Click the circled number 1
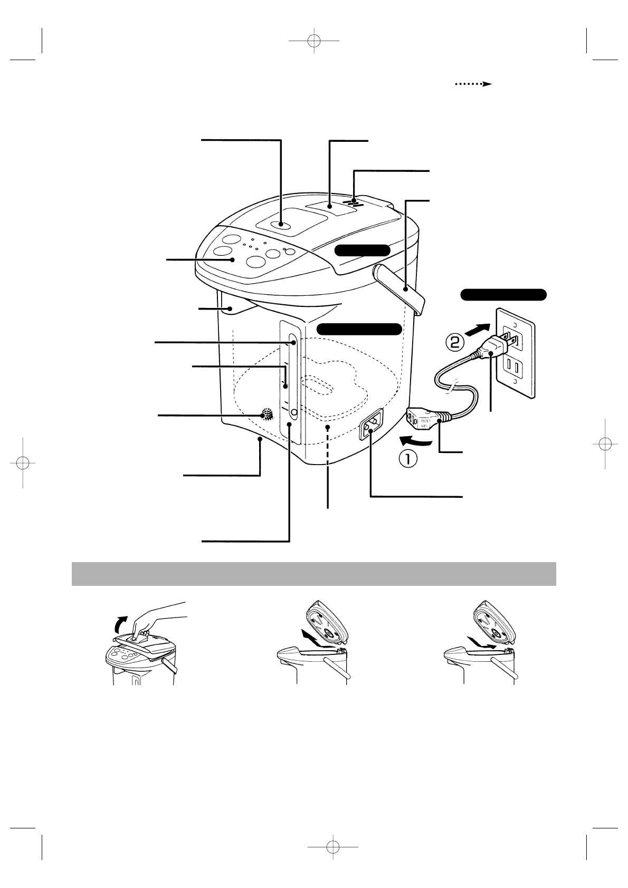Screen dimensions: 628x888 tap(407, 459)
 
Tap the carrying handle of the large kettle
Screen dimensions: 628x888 tap(401, 287)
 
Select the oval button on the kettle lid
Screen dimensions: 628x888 tap(281, 225)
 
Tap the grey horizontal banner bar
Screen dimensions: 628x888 tap(313, 574)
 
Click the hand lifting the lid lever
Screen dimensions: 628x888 tap(158, 617)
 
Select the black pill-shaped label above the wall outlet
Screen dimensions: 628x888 tap(503, 294)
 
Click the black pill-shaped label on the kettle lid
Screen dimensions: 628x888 tap(363, 250)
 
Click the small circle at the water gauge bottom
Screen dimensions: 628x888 tap(294, 412)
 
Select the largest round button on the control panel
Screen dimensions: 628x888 tap(256, 261)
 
